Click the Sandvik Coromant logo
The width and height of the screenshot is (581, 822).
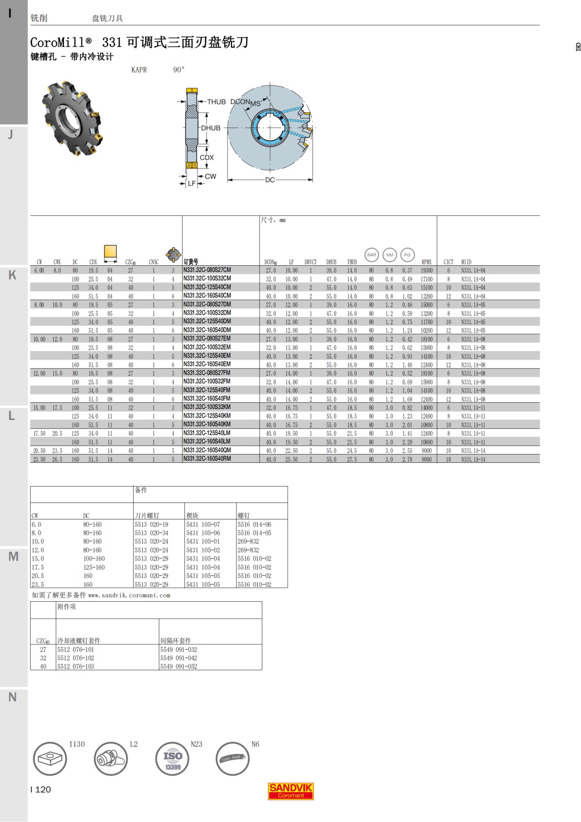[x=290, y=791]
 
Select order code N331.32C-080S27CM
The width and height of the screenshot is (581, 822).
[x=207, y=270]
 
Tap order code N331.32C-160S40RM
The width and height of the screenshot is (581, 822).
[x=207, y=459]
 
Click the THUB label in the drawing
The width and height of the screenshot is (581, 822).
[x=216, y=102]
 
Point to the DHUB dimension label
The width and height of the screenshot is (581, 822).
[x=211, y=128]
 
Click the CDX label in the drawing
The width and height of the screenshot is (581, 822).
[x=207, y=157]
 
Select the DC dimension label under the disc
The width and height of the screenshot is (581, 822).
[x=270, y=180]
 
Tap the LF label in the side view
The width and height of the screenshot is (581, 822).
[x=192, y=183]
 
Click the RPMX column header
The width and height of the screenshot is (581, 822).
[x=426, y=262]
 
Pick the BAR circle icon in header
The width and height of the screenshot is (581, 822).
[x=371, y=255]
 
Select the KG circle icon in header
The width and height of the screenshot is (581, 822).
[x=407, y=255]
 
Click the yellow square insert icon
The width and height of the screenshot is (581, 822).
[x=110, y=252]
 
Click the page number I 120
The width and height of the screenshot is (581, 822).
[x=41, y=790]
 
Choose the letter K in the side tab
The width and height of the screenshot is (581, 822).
[x=13, y=275]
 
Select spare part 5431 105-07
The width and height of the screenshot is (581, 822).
[x=203, y=524]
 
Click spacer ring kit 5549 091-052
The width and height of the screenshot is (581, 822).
[x=179, y=667]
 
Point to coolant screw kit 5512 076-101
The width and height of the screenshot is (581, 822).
[x=76, y=650]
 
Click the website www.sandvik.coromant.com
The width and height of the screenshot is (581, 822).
[x=129, y=595]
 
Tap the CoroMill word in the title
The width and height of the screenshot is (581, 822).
[x=57, y=43]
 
